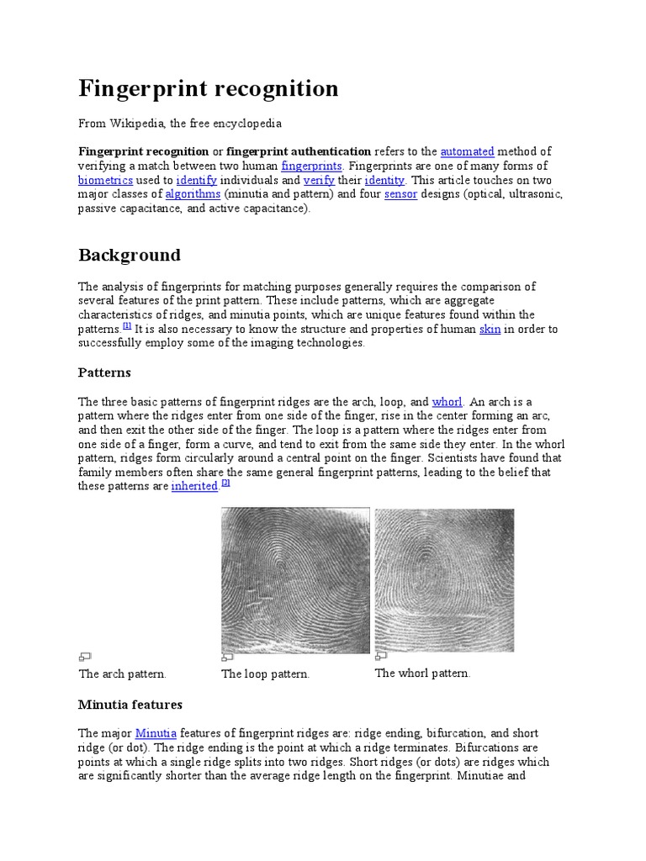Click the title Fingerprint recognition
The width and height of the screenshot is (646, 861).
(209, 88)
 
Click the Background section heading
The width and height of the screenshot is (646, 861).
(130, 255)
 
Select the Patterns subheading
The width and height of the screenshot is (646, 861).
(104, 372)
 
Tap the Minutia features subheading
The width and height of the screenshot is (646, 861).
(130, 705)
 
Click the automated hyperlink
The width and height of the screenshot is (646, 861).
(467, 151)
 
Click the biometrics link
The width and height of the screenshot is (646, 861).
(105, 180)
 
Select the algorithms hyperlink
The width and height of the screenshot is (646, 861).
(193, 194)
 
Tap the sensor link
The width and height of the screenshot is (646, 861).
(400, 194)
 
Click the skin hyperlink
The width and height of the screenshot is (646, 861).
(490, 329)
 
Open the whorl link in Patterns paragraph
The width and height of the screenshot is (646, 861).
(447, 402)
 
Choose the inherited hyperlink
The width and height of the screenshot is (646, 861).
(194, 487)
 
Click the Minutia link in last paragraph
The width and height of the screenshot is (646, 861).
(156, 733)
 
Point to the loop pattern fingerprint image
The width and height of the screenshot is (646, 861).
(294, 580)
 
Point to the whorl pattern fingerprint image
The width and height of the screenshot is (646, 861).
(444, 580)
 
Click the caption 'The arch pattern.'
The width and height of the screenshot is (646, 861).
(123, 673)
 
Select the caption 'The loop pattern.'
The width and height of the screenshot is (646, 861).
(266, 674)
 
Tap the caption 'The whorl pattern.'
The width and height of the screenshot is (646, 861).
(422, 673)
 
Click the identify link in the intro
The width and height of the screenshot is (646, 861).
(197, 180)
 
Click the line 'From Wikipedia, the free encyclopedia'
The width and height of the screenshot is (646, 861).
(180, 123)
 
